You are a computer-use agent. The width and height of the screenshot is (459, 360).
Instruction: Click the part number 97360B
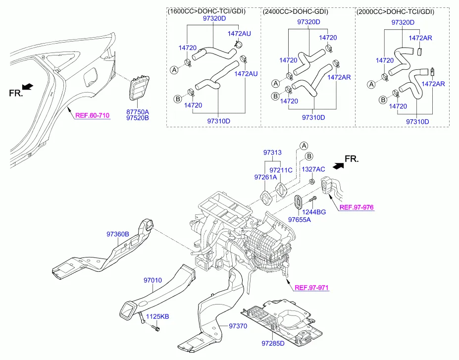[118, 234]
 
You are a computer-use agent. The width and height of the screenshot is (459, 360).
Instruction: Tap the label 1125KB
[157, 316]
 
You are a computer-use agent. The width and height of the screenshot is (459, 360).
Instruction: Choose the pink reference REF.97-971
[311, 288]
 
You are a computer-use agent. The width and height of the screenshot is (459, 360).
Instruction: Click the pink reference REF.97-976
[357, 207]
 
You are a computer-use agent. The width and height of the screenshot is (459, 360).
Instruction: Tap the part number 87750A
[137, 112]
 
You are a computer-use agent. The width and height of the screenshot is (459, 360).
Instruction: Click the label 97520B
[137, 119]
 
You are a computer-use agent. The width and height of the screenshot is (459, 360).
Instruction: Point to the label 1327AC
[313, 169]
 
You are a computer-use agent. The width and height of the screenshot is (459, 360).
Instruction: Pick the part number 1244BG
[314, 212]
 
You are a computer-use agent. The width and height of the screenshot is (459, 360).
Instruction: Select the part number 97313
[273, 153]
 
